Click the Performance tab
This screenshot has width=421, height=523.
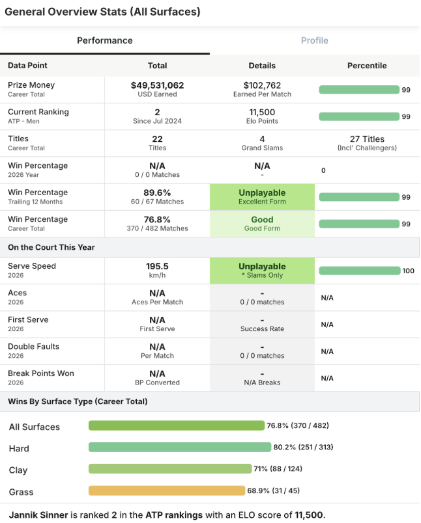[x=105, y=40]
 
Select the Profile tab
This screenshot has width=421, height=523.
[x=314, y=40]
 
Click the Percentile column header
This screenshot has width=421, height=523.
[x=367, y=66]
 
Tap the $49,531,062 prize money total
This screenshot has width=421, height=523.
[x=157, y=85]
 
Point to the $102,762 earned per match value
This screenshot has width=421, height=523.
[x=262, y=85]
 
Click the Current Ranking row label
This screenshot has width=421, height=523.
[x=38, y=112]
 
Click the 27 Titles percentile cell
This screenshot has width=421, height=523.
[x=367, y=142]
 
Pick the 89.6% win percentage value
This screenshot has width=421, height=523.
[x=157, y=193]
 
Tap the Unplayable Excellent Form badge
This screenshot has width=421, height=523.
[x=262, y=196]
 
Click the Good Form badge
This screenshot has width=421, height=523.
[x=262, y=223]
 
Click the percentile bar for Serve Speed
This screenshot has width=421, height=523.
[x=359, y=271]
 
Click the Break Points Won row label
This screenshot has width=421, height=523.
[x=40, y=373]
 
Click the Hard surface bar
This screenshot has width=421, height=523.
[x=179, y=448]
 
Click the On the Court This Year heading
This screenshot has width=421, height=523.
[x=51, y=247]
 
